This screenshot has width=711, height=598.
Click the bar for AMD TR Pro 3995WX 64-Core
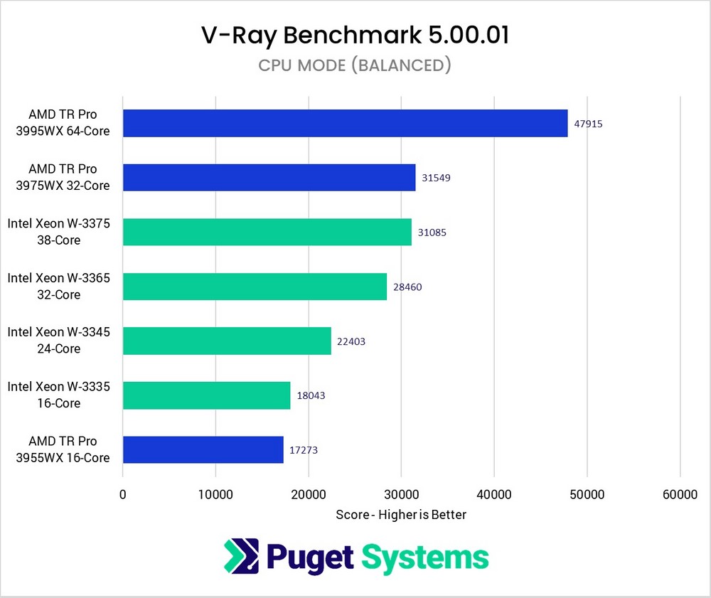(345, 123)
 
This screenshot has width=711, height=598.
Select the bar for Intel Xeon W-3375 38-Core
(267, 232)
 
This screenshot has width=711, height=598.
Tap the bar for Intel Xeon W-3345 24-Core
(227, 341)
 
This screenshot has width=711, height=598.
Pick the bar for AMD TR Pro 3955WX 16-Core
(203, 449)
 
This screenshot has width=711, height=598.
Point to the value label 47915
(588, 124)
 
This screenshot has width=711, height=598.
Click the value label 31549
(436, 178)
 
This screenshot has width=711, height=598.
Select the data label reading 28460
(407, 287)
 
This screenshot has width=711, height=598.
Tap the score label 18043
(311, 395)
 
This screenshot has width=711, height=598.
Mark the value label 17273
(304, 450)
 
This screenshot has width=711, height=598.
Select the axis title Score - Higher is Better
(401, 514)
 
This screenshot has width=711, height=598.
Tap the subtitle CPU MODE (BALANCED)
(355, 65)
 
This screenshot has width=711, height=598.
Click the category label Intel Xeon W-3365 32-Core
(59, 287)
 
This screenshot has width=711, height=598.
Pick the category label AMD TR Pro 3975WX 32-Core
(63, 178)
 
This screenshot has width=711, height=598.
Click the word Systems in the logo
(425, 557)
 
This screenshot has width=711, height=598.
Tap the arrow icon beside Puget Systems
(240, 557)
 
